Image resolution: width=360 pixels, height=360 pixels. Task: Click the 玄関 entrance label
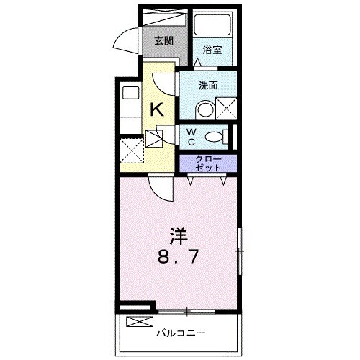point(163,40)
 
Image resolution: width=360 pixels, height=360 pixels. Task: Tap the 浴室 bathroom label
point(212,50)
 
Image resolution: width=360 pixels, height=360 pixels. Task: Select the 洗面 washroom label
point(209,85)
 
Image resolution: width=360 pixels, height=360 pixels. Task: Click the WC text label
point(192,136)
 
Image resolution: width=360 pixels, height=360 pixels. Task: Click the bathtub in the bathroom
point(213,28)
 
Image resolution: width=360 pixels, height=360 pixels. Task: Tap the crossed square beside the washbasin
point(226,110)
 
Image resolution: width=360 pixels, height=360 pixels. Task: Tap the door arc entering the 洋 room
point(162,191)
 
